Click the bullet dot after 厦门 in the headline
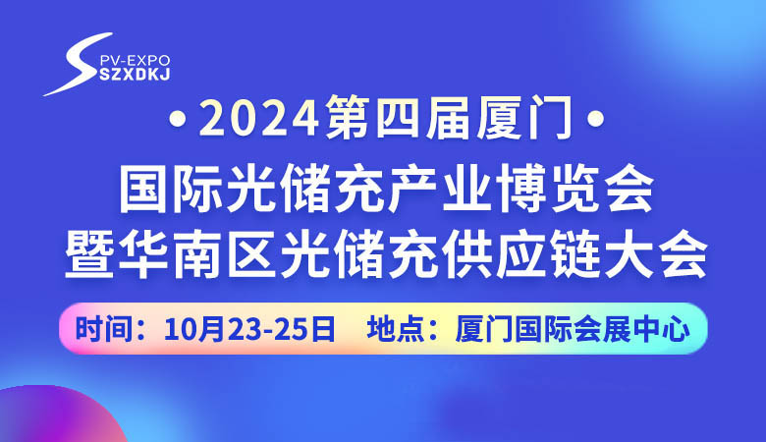tap(590, 125)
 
